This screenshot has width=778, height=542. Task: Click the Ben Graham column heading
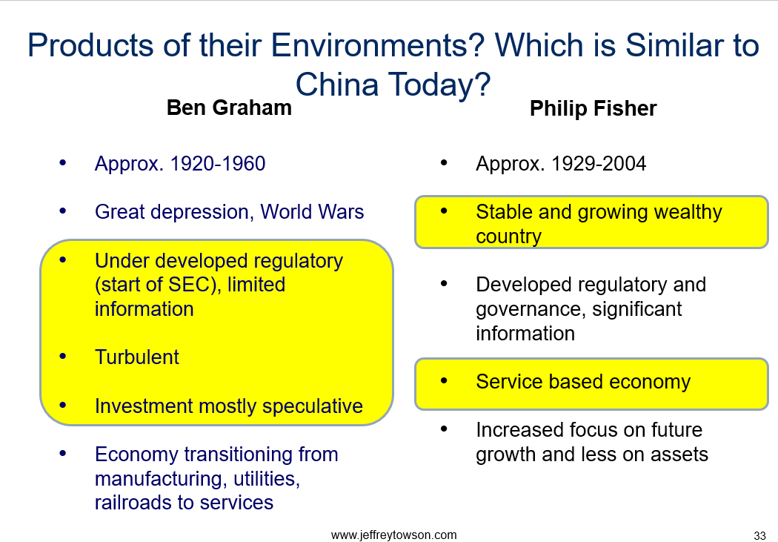(x=229, y=108)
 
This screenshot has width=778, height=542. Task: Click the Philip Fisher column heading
(x=593, y=109)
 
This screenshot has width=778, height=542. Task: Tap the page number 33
(x=759, y=535)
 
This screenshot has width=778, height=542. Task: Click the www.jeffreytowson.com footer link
(x=393, y=535)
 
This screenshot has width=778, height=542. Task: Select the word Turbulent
(x=137, y=357)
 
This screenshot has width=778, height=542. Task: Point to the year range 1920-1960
(x=218, y=164)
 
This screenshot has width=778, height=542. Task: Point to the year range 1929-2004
(x=599, y=164)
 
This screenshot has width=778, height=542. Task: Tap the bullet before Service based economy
(x=444, y=381)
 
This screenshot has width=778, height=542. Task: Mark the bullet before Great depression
(x=62, y=211)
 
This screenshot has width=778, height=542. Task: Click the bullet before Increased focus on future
(x=444, y=429)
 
